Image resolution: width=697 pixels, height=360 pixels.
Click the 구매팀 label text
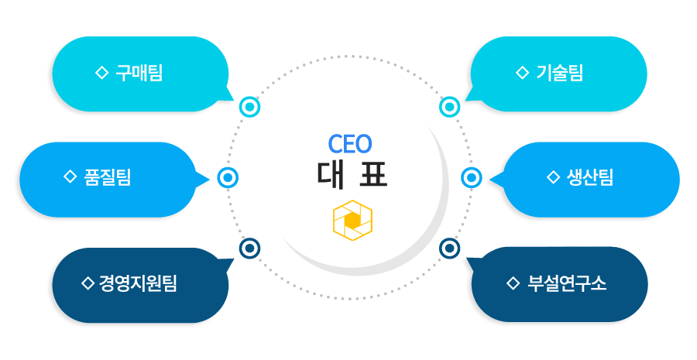139,74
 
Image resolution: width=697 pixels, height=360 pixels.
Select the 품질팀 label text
107,177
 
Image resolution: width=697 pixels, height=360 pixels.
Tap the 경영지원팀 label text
138,283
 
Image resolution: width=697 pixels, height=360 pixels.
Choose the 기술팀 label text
559,74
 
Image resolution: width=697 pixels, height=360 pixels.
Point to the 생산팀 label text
590,177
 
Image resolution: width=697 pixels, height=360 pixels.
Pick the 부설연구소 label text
567,283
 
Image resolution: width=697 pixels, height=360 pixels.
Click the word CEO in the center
350,143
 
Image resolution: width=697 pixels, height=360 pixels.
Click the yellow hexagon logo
352,221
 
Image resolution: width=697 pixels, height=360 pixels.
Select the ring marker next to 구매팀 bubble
250,107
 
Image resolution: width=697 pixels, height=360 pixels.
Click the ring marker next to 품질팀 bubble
228,178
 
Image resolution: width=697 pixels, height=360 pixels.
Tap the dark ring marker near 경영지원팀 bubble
249,249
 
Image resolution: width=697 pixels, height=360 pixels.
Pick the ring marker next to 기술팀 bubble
450,107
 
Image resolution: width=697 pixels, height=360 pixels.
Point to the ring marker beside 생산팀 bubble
472,178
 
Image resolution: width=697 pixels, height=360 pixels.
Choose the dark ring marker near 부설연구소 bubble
450,249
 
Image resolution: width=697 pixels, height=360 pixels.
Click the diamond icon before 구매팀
101,74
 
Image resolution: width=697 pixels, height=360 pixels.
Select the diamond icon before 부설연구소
512,283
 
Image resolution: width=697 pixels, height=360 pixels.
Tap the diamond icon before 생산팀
553,177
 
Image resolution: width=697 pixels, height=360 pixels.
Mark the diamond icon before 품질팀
69,177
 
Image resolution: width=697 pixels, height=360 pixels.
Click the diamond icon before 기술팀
521,74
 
